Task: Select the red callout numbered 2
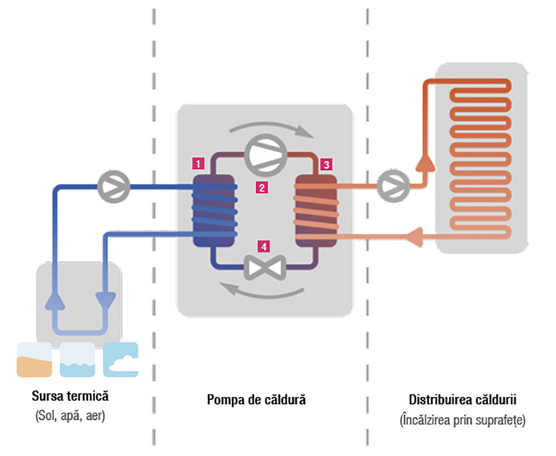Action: click(262, 187)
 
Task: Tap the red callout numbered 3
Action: click(326, 164)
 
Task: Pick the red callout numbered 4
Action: click(263, 246)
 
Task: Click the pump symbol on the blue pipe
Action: click(114, 187)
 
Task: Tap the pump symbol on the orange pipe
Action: click(393, 186)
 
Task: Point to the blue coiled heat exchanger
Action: click(214, 211)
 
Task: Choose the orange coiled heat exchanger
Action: click(316, 211)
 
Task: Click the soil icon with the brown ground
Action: click(34, 360)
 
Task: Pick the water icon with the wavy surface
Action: click(77, 360)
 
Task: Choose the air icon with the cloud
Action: click(121, 360)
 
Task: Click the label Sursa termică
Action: click(70, 395)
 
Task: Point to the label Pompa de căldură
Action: click(256, 400)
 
